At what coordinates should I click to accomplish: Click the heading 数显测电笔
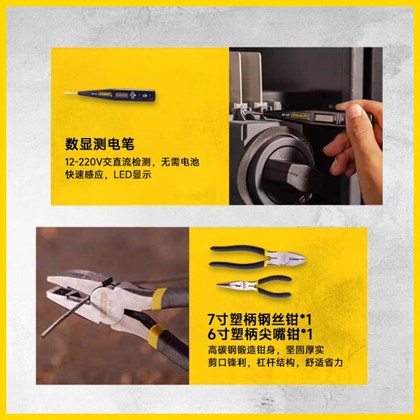[99, 144]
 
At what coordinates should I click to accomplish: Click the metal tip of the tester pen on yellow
[71, 93]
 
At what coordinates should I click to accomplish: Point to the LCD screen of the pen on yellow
[120, 94]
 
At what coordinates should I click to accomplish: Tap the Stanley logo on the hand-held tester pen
[301, 115]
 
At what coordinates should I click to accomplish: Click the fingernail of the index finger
[356, 109]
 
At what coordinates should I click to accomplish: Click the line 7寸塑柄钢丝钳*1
[259, 320]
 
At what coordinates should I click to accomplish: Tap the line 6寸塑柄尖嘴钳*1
[260, 334]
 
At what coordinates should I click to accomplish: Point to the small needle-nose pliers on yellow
[254, 287]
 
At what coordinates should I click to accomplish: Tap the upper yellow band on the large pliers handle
[159, 298]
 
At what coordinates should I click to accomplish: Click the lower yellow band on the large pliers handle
[155, 333]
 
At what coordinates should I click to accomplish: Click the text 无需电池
[180, 162]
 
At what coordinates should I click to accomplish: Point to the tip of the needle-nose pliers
[217, 286]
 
